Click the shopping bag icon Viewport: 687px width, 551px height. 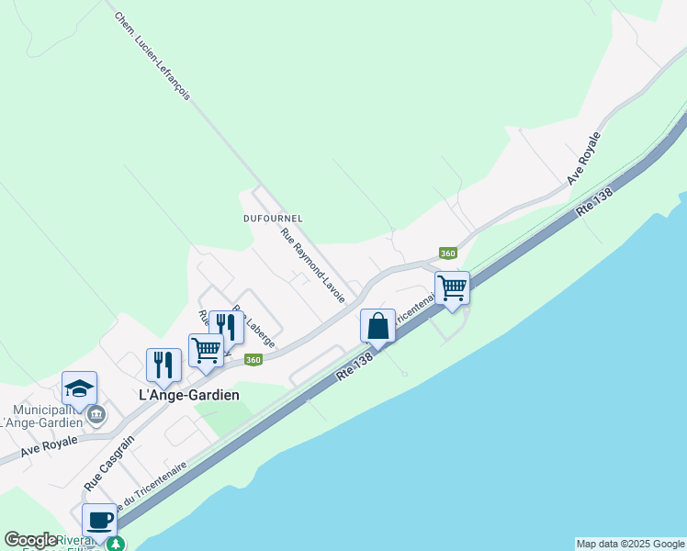click(x=377, y=326)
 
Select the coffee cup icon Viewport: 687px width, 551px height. click(x=99, y=521)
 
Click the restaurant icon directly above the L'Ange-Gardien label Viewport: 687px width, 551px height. click(x=163, y=365)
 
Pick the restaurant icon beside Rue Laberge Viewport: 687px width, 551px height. click(x=226, y=327)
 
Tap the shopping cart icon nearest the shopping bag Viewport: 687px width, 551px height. click(x=452, y=288)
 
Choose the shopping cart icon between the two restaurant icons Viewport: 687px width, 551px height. click(x=206, y=350)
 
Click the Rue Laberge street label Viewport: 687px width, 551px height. click(x=253, y=326)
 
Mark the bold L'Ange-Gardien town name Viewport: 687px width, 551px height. click(x=189, y=395)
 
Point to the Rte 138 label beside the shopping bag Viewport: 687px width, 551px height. click(x=354, y=364)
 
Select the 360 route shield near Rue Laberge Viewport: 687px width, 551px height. click(x=254, y=359)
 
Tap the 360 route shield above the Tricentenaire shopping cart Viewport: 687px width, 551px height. click(x=447, y=253)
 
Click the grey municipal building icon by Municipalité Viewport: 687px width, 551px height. click(x=96, y=416)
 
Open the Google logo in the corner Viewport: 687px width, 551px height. click(x=30, y=540)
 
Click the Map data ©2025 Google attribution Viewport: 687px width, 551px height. click(x=630, y=544)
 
